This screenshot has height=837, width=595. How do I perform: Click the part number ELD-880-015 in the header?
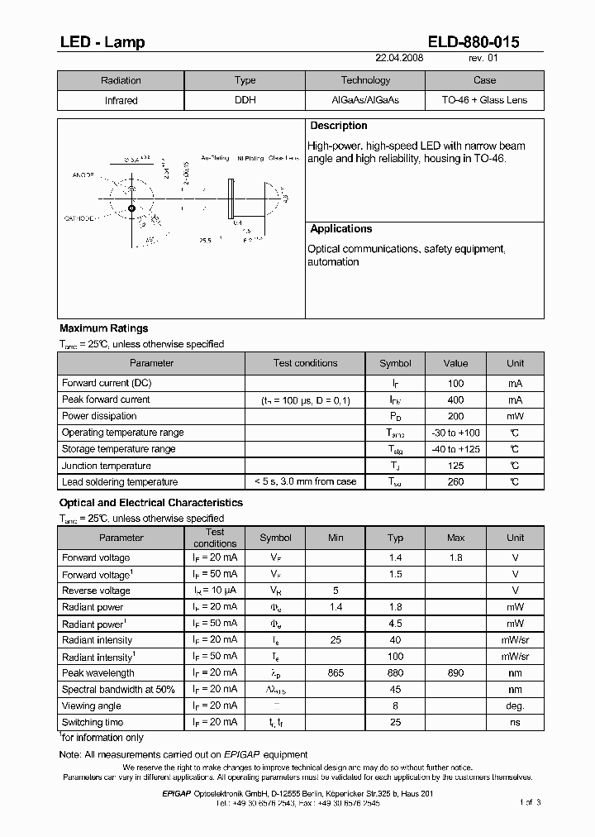(474, 42)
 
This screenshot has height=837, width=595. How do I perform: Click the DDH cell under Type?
(245, 101)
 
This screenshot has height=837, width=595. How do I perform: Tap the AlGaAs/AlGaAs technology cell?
(365, 101)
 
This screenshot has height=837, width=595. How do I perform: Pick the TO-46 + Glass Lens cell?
(484, 101)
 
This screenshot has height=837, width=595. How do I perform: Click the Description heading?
(339, 127)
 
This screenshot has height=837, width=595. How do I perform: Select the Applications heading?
(341, 229)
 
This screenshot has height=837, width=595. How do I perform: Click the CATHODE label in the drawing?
(79, 218)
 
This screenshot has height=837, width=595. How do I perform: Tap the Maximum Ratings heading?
(104, 329)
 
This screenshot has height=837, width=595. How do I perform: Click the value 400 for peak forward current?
(455, 400)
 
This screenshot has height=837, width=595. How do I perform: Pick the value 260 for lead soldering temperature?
(455, 482)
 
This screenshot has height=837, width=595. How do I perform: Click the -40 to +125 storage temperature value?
(455, 449)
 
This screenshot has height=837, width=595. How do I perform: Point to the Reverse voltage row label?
(96, 591)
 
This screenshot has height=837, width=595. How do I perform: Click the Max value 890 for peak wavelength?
(456, 673)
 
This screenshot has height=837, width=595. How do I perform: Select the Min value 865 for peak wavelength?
(336, 673)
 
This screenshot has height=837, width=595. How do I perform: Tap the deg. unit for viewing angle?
(516, 705)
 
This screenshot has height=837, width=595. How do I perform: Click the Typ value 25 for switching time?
(396, 722)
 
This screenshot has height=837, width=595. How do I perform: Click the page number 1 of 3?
(531, 802)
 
